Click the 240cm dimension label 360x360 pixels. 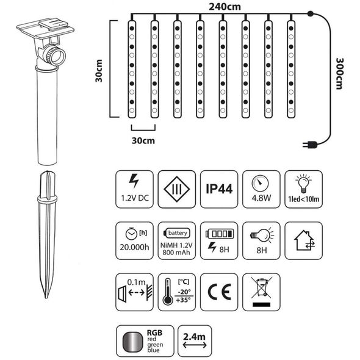(225, 7)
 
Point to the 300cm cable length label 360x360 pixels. (340, 73)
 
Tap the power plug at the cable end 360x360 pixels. (310, 145)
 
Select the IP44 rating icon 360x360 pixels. (219, 189)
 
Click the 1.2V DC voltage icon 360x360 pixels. (134, 189)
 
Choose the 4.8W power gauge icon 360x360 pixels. (261, 189)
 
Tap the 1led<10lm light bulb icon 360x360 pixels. (303, 189)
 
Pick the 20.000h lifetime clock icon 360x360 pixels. (134, 240)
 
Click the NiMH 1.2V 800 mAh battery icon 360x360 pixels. (176, 240)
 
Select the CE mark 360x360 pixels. (219, 292)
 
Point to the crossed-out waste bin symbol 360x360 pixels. (262, 292)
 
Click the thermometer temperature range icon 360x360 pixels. (176, 292)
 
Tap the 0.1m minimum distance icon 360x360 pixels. (134, 292)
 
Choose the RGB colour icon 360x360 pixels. (145, 341)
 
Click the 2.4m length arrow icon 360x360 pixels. (195, 341)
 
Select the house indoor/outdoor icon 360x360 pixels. (303, 240)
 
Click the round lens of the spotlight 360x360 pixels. (56, 56)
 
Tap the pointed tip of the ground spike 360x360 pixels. (46, 298)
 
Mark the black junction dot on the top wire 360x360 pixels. (310, 13)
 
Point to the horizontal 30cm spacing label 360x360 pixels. (143, 140)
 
